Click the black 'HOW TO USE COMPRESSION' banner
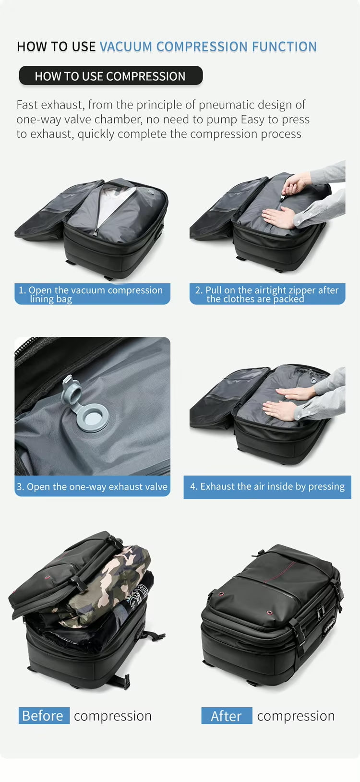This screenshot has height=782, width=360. point(110,76)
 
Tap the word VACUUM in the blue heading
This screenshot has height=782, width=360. point(126,47)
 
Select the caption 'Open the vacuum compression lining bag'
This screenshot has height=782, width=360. point(92,294)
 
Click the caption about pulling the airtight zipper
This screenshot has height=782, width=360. point(267,294)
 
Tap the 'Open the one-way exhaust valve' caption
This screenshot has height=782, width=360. point(92,486)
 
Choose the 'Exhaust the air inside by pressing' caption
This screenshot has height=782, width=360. point(267,486)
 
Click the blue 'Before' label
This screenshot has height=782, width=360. point(43,715)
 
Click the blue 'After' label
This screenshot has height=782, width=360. point(227,715)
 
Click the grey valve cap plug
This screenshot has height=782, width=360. point(69,389)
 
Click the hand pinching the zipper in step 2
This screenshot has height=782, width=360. point(294,184)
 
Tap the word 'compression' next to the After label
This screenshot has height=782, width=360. point(296,715)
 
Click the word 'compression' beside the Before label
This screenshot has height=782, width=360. point(113,715)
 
